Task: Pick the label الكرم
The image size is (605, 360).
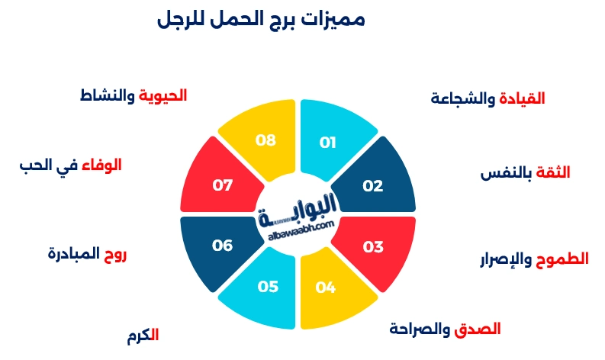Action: click(x=143, y=336)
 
